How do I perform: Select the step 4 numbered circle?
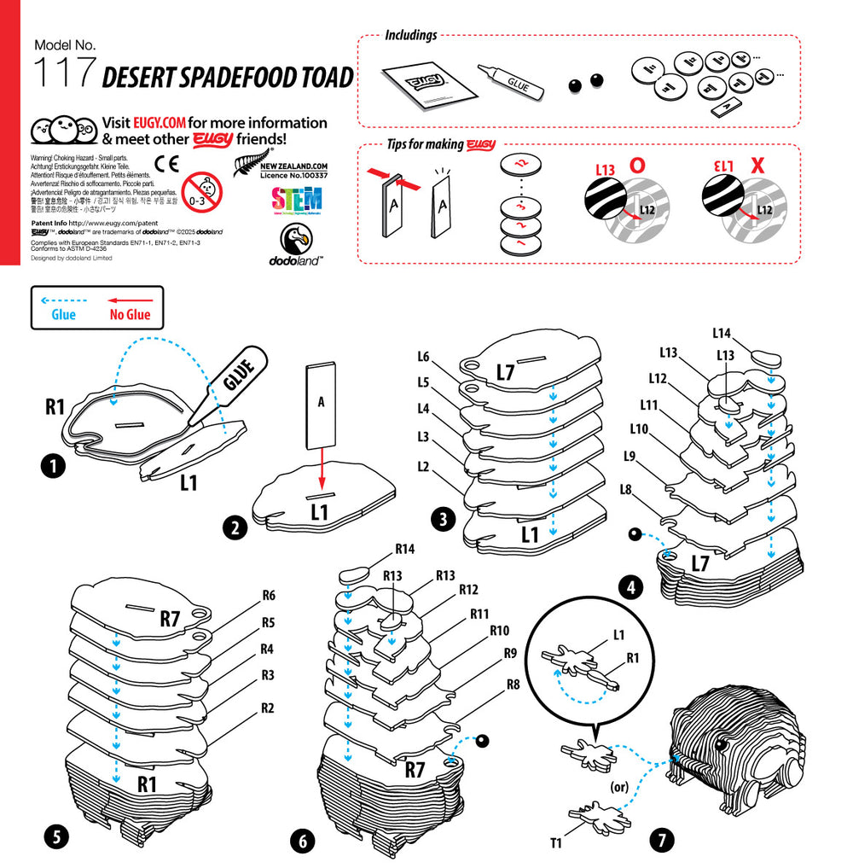pyautogui.click(x=632, y=588)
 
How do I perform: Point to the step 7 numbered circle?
pyautogui.click(x=661, y=840)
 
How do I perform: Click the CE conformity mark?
pyautogui.click(x=167, y=164)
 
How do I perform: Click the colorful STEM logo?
pyautogui.click(x=297, y=201)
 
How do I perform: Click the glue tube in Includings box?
pyautogui.click(x=511, y=84)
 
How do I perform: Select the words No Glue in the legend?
pyautogui.click(x=130, y=315)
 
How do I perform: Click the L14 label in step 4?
pyautogui.click(x=722, y=333)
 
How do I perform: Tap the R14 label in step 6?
pyautogui.click(x=404, y=549)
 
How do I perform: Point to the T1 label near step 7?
pyautogui.click(x=555, y=843)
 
